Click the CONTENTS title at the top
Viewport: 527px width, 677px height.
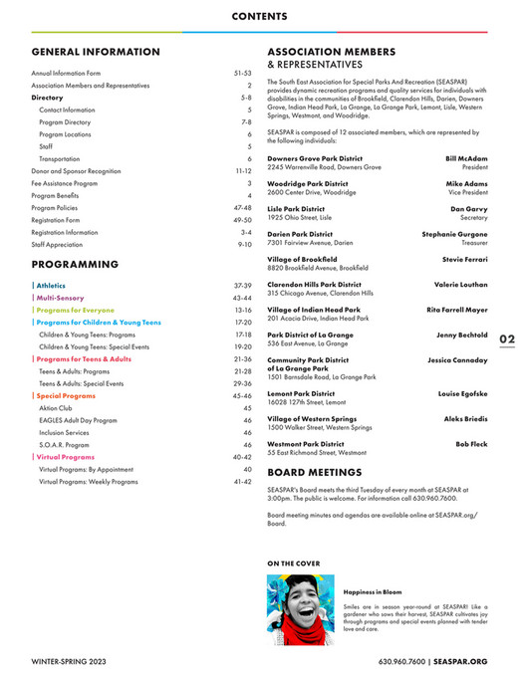[x=263, y=16]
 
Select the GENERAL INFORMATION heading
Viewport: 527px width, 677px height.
[x=96, y=52]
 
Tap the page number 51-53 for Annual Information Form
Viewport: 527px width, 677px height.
[x=242, y=74]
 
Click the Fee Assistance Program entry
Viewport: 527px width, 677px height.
[x=65, y=183]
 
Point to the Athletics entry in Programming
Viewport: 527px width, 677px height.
[x=51, y=286]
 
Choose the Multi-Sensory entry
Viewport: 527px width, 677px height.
[x=60, y=298]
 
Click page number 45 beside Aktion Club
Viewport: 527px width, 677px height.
[x=247, y=408]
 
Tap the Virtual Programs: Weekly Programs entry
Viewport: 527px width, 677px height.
[x=89, y=481]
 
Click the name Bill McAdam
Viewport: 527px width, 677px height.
[x=465, y=158]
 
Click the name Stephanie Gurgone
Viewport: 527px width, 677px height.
[x=454, y=234]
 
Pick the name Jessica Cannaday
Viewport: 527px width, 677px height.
[x=457, y=358]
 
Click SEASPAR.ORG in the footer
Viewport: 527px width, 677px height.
[x=461, y=660]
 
